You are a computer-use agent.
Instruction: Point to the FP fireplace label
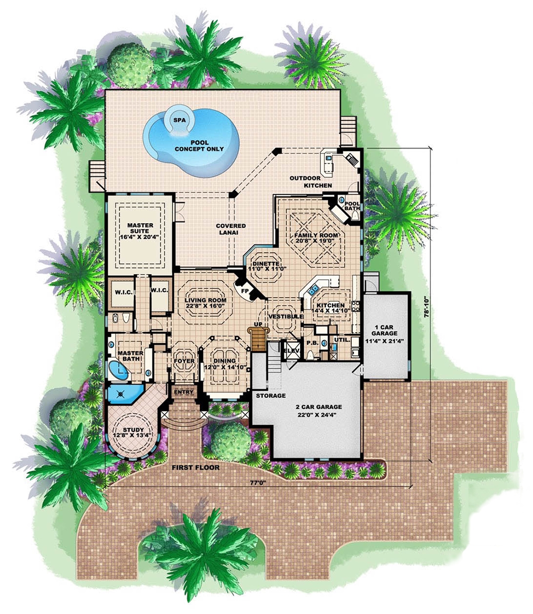245,291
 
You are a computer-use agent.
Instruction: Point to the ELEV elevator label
291,351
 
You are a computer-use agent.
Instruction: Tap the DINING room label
223,364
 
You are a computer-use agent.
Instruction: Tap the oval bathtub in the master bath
118,371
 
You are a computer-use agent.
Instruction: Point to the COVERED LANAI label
231,230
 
